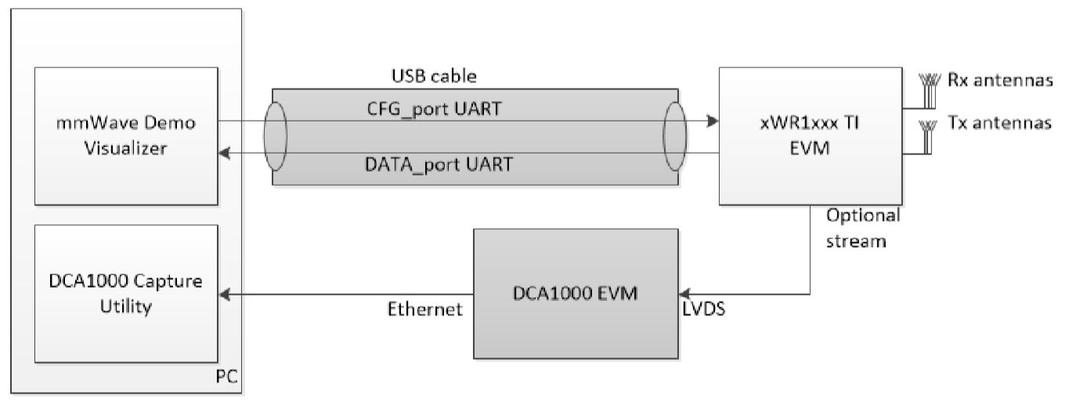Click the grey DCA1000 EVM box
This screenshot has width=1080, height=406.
pyautogui.click(x=575, y=294)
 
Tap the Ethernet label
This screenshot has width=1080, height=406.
pyautogui.click(x=425, y=310)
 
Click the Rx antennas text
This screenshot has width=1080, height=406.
pyautogui.click(x=999, y=80)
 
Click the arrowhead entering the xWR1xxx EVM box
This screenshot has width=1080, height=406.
pyautogui.click(x=713, y=121)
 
